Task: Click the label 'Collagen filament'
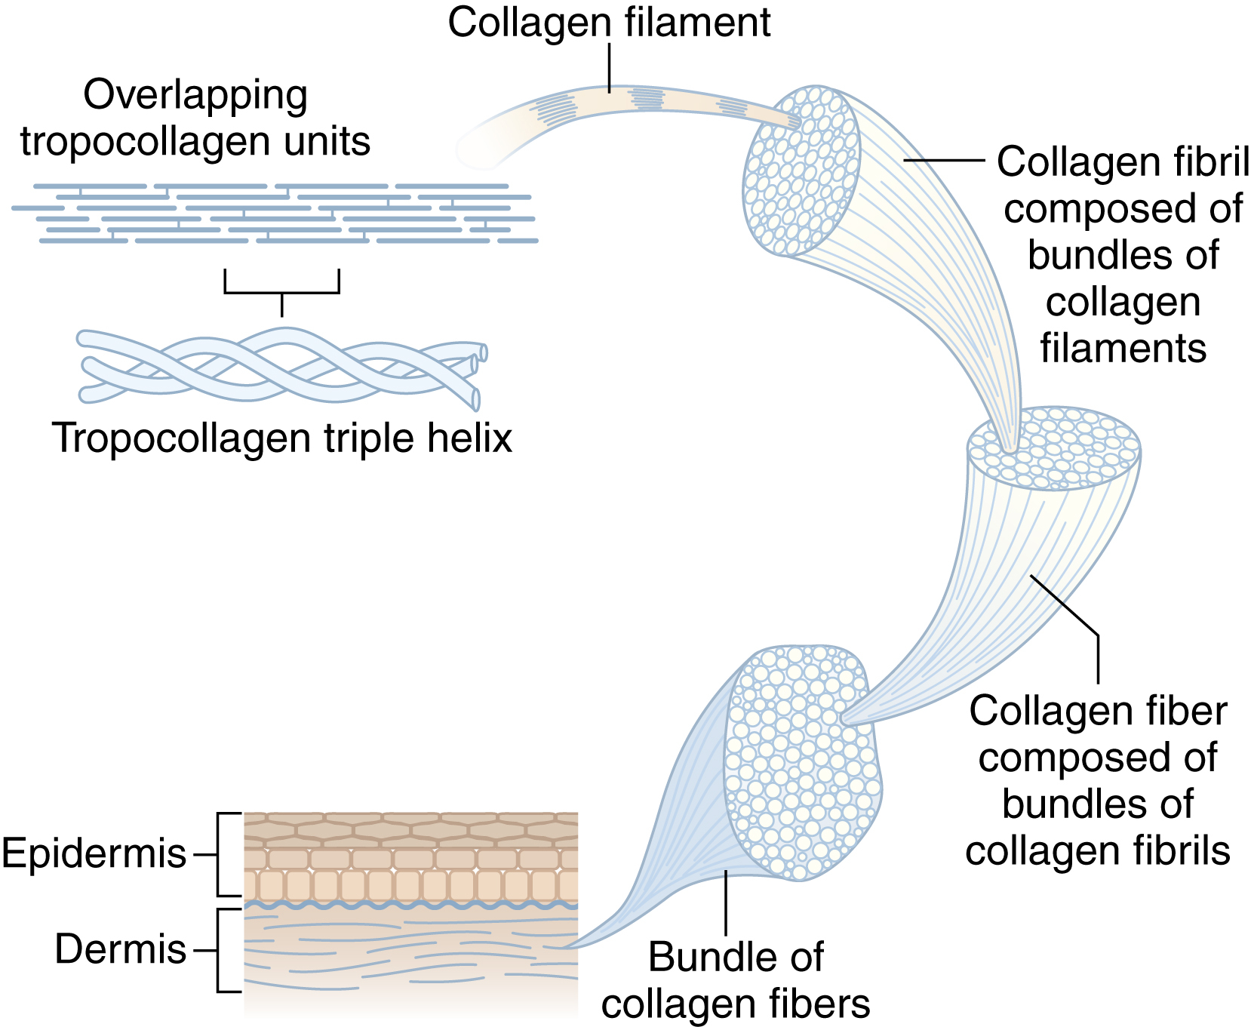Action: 609,23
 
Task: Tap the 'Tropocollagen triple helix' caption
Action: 282,438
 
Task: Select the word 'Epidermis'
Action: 94,854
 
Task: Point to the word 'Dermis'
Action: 121,949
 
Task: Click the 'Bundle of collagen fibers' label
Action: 736,980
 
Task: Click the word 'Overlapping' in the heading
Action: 195,96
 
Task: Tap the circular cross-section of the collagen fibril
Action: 801,171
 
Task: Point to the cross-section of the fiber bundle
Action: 802,762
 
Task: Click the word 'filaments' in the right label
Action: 1123,349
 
